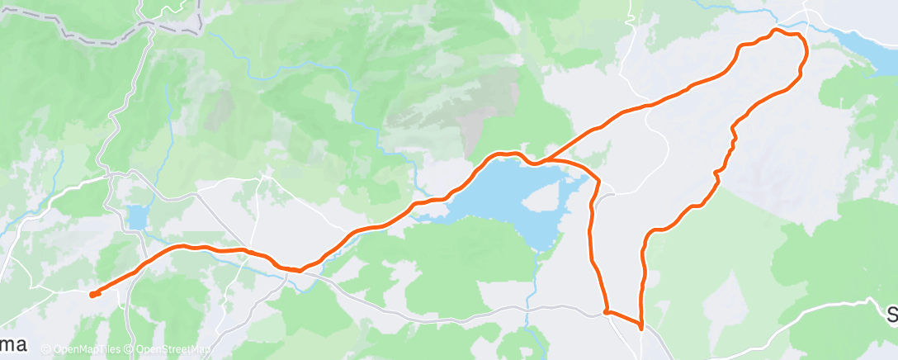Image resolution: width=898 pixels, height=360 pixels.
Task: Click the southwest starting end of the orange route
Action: [x=92, y=293]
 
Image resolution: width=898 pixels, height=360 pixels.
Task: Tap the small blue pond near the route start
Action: [x=136, y=218]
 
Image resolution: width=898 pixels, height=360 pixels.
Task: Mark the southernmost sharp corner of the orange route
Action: [x=641, y=328]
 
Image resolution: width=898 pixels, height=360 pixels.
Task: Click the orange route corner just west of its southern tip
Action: [x=607, y=312]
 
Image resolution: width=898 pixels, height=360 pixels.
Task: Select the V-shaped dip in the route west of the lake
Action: [x=299, y=268]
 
